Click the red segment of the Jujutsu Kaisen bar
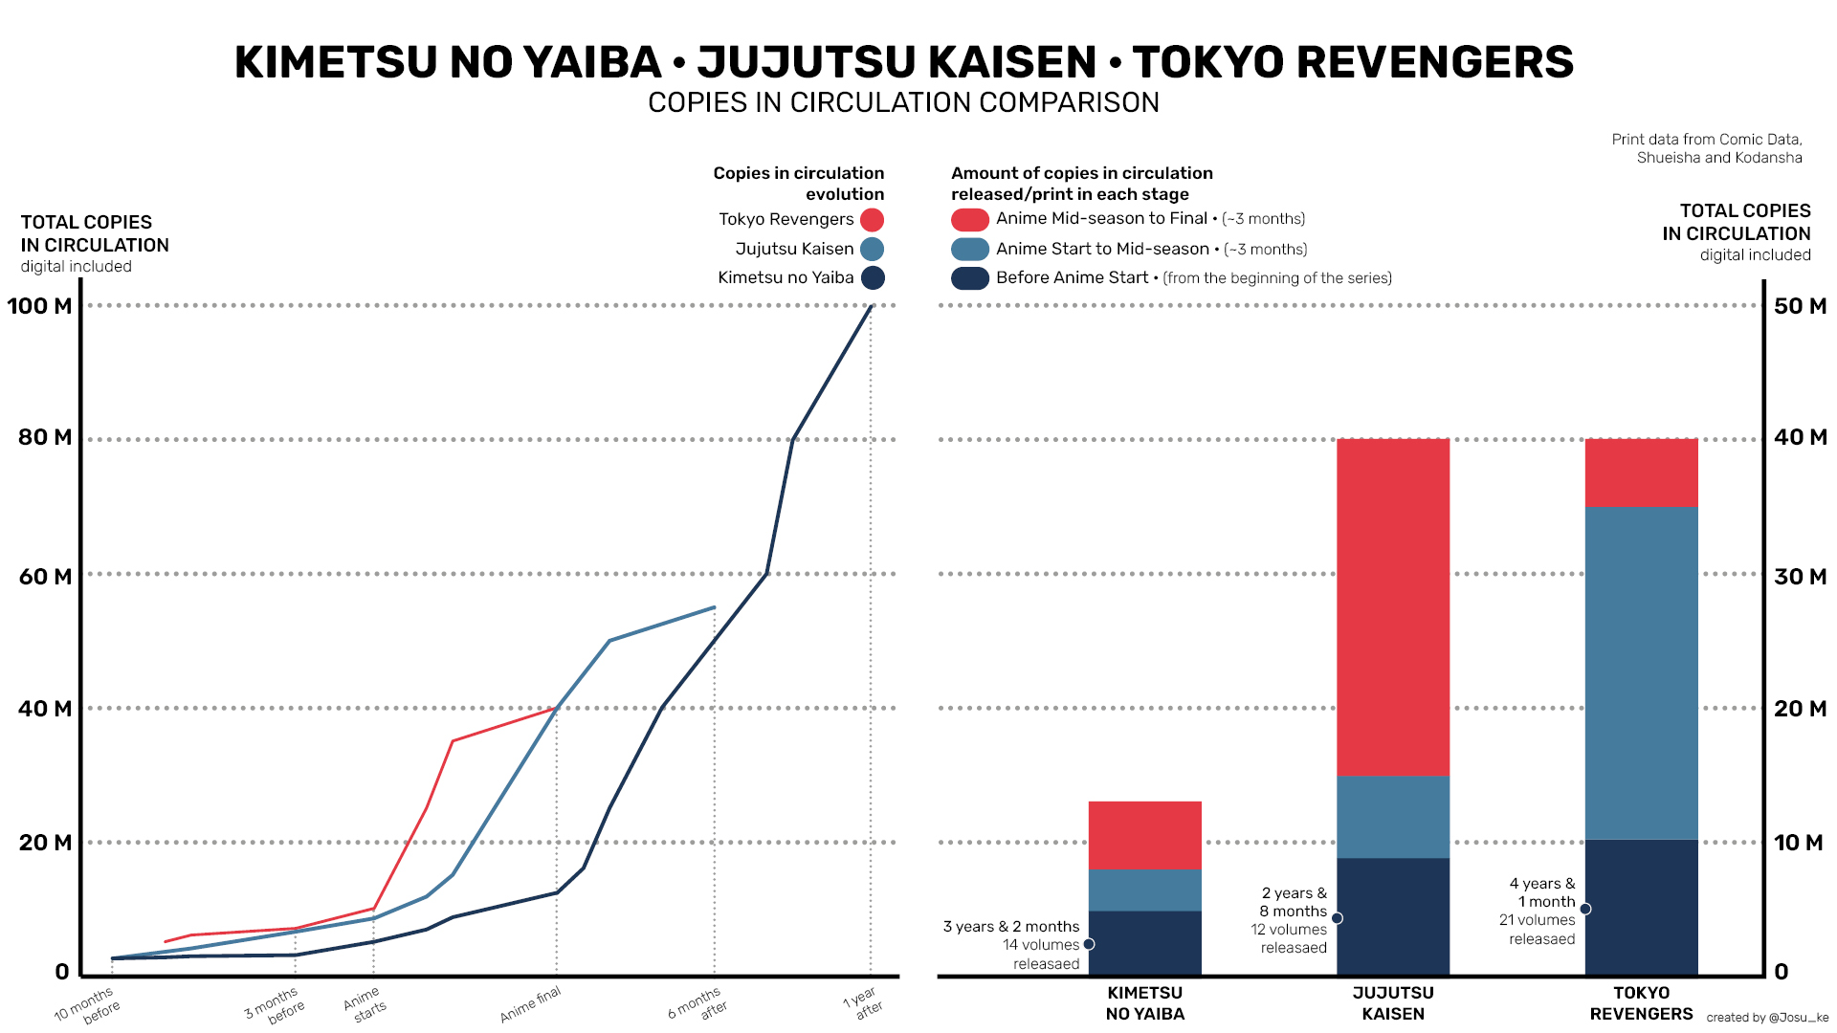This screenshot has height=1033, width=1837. click(x=1392, y=606)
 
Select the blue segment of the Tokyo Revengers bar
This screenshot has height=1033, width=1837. click(x=1641, y=672)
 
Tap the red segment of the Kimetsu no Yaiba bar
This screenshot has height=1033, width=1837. click(x=1144, y=835)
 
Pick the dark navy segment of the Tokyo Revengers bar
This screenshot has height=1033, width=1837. click(x=1641, y=907)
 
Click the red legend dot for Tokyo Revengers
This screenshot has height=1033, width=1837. click(x=872, y=220)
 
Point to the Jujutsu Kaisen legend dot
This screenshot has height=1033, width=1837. click(x=872, y=250)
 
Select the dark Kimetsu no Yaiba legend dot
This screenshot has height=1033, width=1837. click(x=872, y=278)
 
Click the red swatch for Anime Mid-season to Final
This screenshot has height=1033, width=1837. click(x=969, y=220)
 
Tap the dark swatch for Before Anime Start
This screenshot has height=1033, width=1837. click(x=969, y=278)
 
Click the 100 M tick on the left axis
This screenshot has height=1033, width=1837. click(x=39, y=306)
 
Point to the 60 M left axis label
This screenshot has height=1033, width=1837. click(x=45, y=577)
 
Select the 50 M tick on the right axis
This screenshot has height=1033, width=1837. click(x=1800, y=306)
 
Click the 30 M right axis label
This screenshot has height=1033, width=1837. click(x=1800, y=577)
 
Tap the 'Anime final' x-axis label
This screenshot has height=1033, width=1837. click(x=530, y=1004)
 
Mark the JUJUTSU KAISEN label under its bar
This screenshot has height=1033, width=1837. click(x=1392, y=1003)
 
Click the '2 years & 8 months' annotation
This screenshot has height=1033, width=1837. click(x=1293, y=902)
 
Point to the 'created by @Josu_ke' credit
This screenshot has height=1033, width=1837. click(x=1766, y=1018)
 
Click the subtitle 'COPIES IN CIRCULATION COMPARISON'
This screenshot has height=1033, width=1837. click(x=903, y=102)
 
